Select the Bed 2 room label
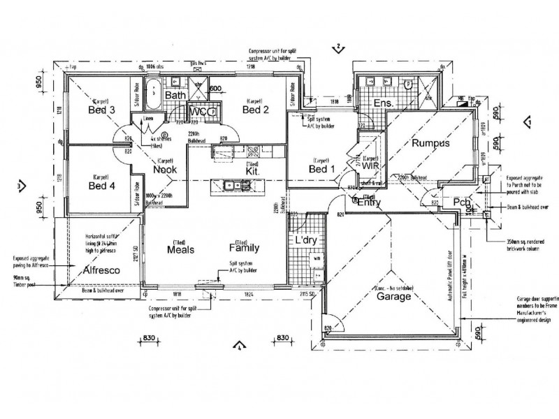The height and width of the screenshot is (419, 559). coord(256,110)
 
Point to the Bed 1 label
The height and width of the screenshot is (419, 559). coord(322,169)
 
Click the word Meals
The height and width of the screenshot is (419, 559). coord(180,248)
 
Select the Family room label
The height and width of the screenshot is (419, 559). coord(245,248)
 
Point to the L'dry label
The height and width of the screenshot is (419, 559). coord(307,240)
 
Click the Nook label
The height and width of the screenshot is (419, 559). coord(165,170)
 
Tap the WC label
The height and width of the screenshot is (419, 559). coord(198,112)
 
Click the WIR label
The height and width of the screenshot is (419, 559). coord(370,167)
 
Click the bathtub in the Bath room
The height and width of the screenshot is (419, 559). coord(154,93)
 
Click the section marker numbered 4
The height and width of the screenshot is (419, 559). coord(239,345)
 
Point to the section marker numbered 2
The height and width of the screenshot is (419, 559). coord(338,47)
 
